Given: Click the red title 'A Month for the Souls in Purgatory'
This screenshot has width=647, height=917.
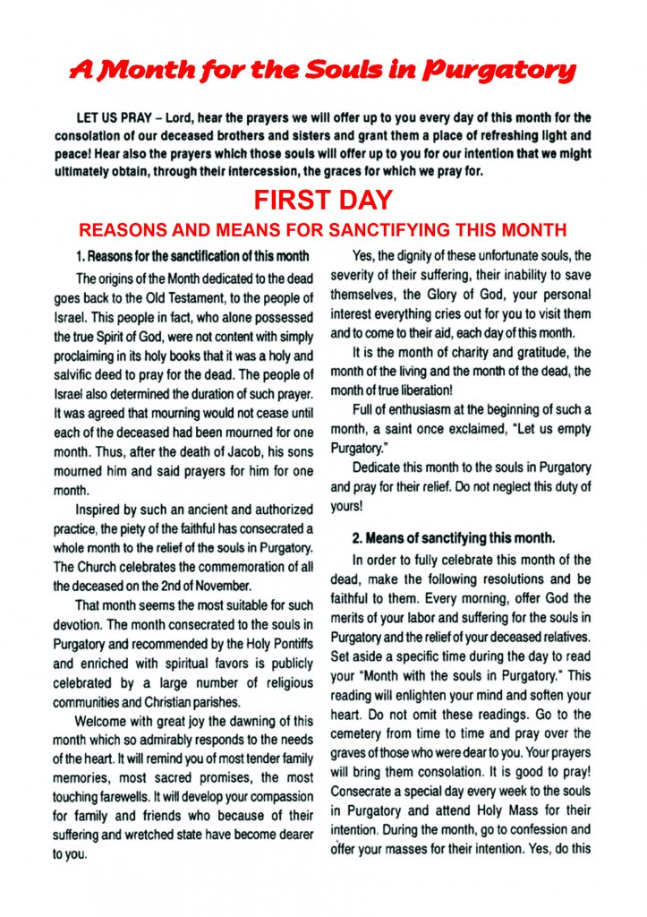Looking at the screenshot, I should point(323,71).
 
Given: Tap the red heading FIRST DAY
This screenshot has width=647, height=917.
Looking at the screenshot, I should point(323,200).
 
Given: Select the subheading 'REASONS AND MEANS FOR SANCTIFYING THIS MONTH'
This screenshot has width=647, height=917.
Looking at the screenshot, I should point(323,229).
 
